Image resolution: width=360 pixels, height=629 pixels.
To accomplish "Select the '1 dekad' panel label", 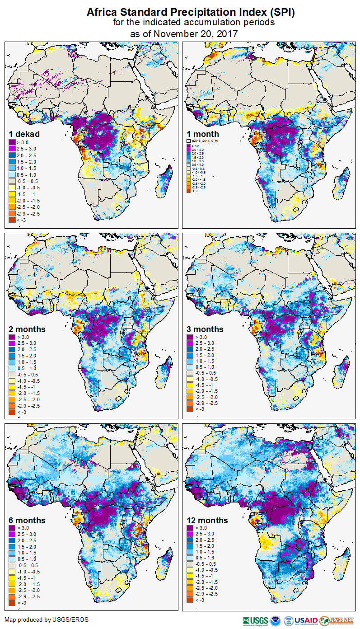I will click(x=24, y=134).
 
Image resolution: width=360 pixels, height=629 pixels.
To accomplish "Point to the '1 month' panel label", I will click(x=203, y=134).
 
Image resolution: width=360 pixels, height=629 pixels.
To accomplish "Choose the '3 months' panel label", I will click(x=205, y=329).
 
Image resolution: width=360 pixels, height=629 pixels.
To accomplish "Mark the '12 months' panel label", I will click(x=207, y=520).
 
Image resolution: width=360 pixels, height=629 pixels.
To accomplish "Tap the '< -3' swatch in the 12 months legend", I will click(x=189, y=600).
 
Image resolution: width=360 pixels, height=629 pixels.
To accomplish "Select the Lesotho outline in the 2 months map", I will click(x=119, y=398).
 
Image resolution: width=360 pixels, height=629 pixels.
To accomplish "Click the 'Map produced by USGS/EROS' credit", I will click(x=47, y=620).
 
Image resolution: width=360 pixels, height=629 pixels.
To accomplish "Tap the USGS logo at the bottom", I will click(x=256, y=621).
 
